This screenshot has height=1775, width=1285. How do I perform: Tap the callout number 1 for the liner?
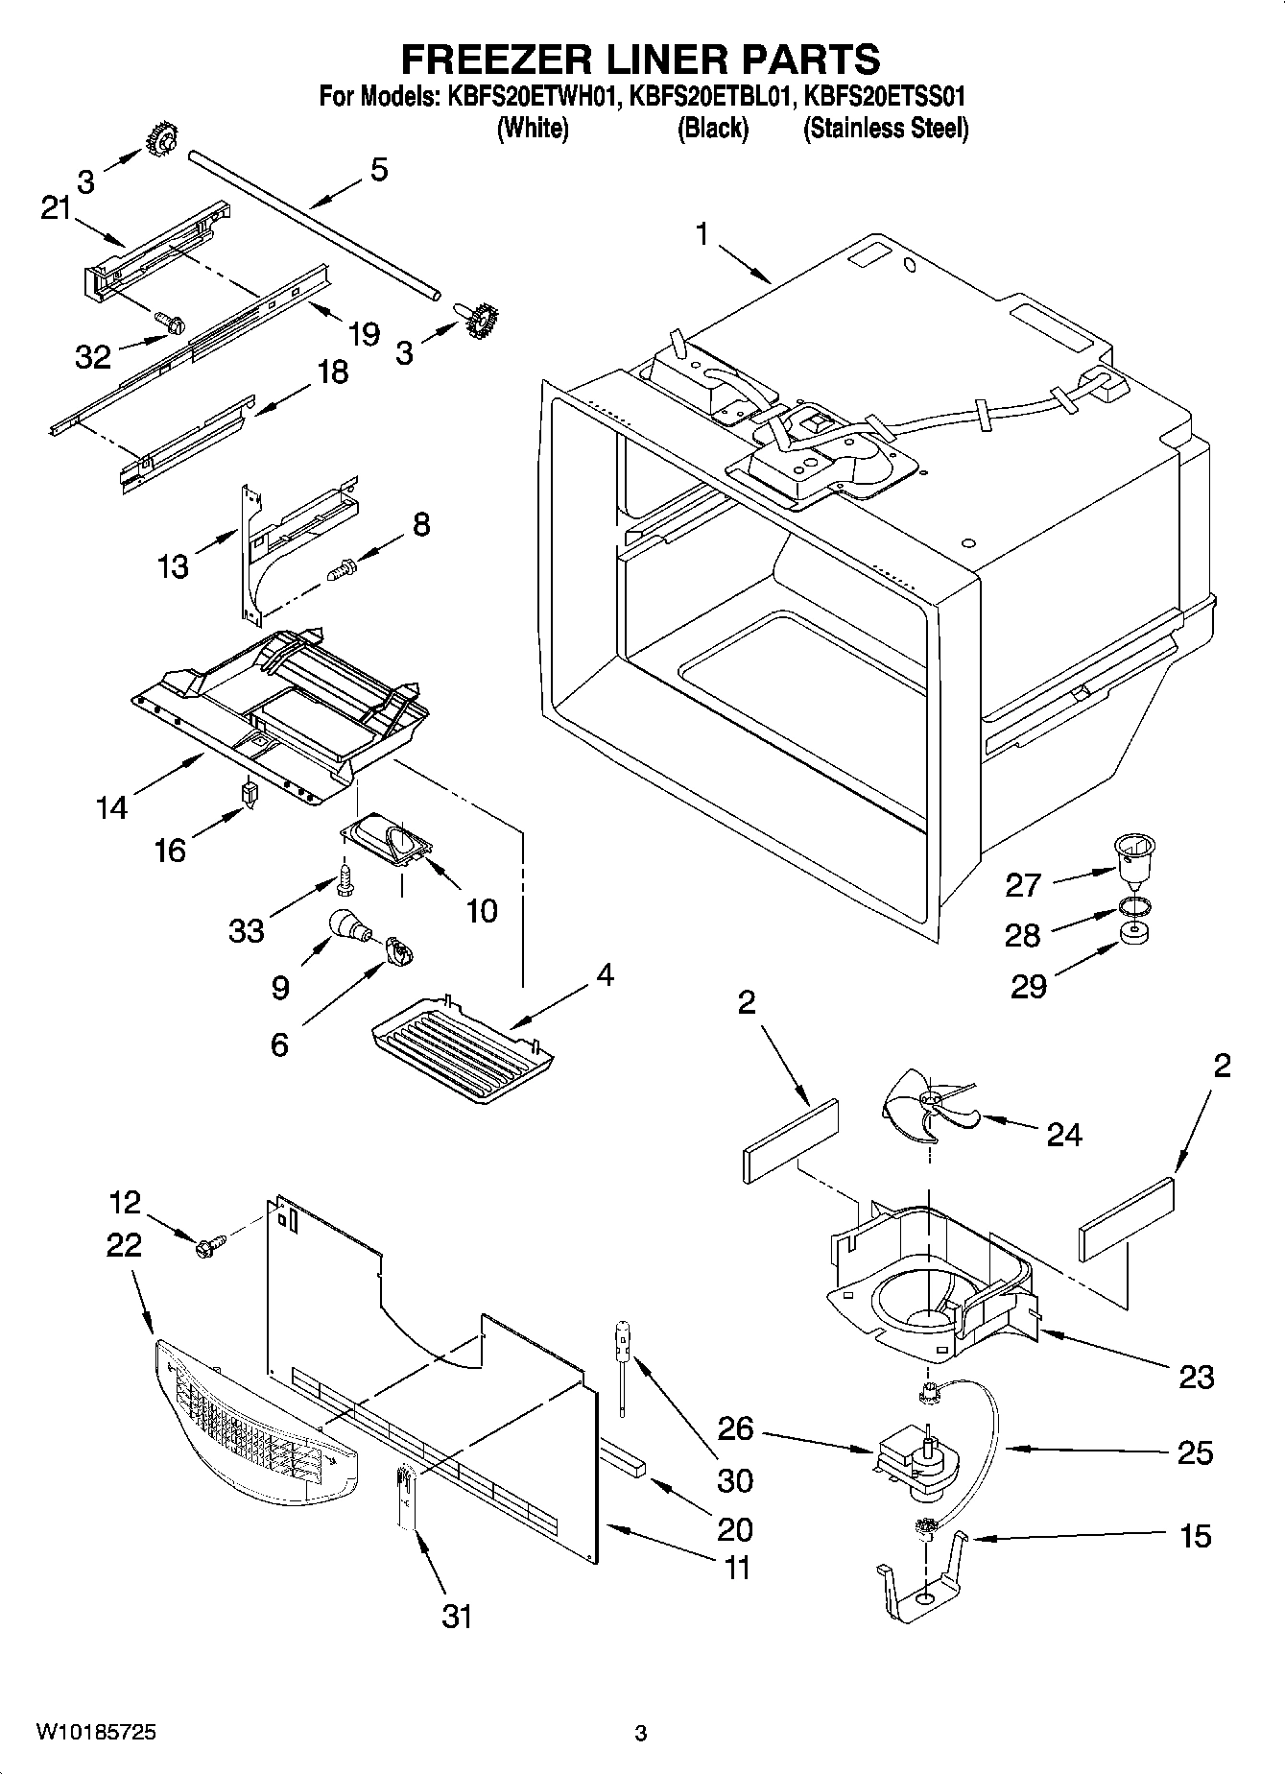tap(703, 233)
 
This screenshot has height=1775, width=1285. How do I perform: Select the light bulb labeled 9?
tap(348, 925)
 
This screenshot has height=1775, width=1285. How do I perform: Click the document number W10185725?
tap(96, 1732)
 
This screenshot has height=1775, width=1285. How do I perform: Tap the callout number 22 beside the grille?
tap(124, 1244)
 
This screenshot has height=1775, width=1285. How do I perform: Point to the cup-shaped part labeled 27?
tap(1133, 857)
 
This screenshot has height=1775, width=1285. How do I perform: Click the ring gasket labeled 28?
tap(1133, 905)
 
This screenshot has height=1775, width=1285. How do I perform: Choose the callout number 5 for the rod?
tap(379, 170)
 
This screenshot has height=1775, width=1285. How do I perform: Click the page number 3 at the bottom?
tap(641, 1733)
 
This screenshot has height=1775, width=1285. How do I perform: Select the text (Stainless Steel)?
tap(885, 128)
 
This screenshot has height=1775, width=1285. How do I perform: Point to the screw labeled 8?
tap(341, 570)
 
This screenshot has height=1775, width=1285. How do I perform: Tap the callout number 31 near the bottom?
tap(457, 1616)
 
